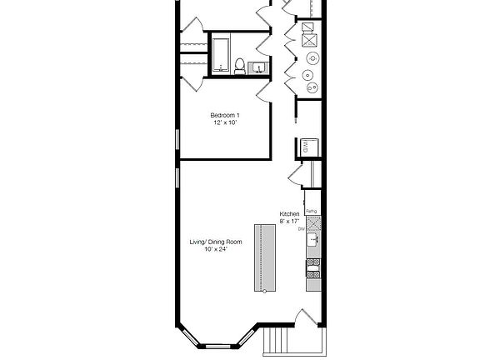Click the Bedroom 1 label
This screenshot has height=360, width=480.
[x=225, y=114]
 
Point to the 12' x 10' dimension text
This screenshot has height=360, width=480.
[x=225, y=122]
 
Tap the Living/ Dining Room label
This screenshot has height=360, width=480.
[x=215, y=242]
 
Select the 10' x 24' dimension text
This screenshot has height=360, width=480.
[x=215, y=249]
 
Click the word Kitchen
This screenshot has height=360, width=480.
[x=289, y=214]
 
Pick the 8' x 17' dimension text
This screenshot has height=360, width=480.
[x=289, y=221]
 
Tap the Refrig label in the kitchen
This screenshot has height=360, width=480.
[x=311, y=211]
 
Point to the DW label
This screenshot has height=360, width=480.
[x=302, y=227]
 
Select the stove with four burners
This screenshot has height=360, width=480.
[x=313, y=267]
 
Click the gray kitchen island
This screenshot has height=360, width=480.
[x=265, y=257]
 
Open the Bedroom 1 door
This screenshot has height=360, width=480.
[x=263, y=89]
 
